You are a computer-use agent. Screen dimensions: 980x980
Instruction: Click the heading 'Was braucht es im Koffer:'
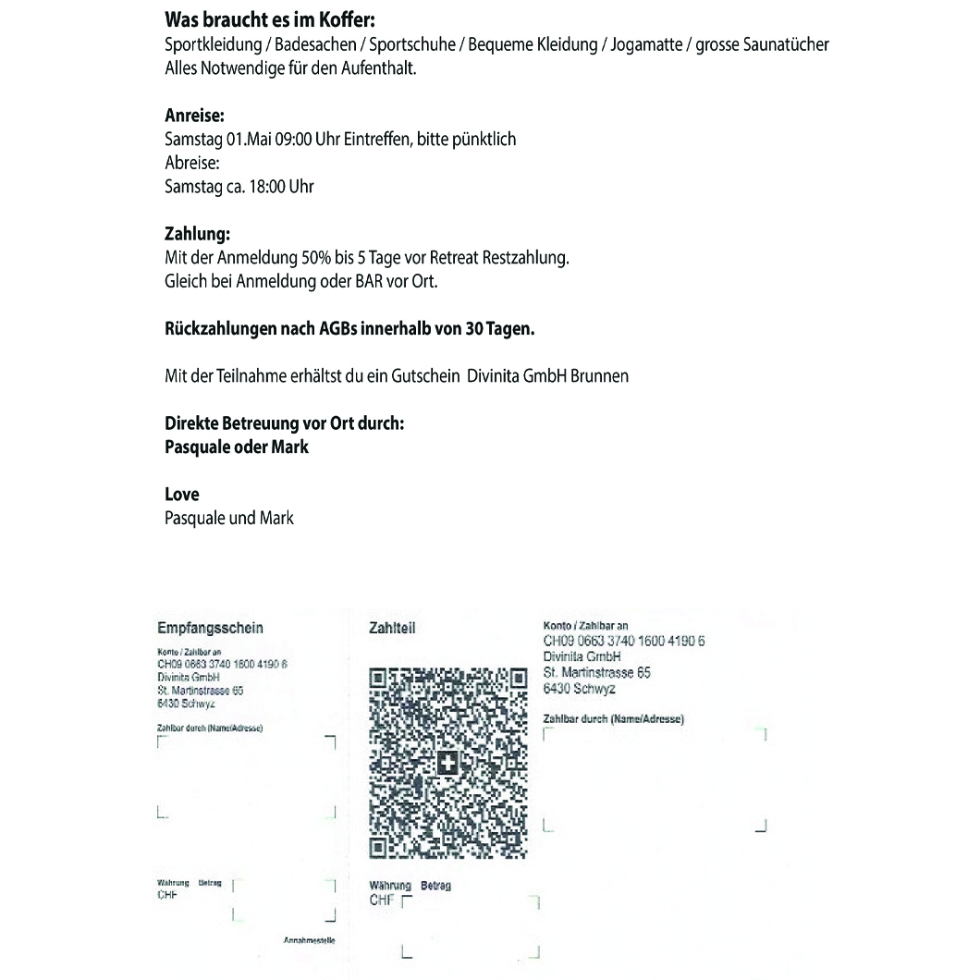pyautogui.click(x=270, y=19)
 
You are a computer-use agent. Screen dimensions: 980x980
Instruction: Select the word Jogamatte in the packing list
pyautogui.click(x=642, y=43)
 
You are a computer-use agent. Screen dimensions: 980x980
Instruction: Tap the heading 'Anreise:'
pyautogui.click(x=194, y=116)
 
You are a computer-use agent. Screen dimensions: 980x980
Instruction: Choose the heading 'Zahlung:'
pyautogui.click(x=197, y=235)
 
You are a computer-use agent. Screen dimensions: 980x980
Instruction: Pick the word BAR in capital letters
pyautogui.click(x=370, y=282)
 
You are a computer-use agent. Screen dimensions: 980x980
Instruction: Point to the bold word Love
pyautogui.click(x=181, y=495)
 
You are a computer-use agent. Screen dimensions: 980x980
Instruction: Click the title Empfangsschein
pyautogui.click(x=210, y=629)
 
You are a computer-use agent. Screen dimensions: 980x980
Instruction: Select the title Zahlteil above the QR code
pyautogui.click(x=391, y=629)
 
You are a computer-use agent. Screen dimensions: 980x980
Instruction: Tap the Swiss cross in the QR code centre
pyautogui.click(x=447, y=763)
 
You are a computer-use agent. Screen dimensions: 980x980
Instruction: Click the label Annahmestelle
pyautogui.click(x=309, y=940)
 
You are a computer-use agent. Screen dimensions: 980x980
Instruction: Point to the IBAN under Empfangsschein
pyautogui.click(x=223, y=664)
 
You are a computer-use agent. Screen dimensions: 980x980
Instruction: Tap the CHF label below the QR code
pyautogui.click(x=380, y=900)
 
